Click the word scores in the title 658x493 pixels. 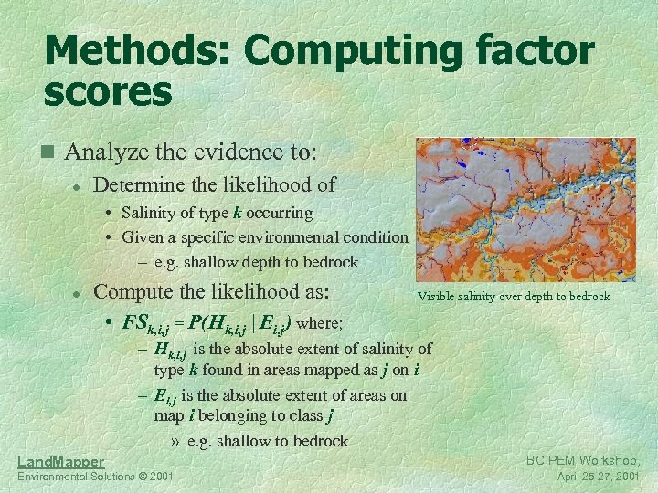pyautogui.click(x=108, y=91)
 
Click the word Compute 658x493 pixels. pyautogui.click(x=133, y=292)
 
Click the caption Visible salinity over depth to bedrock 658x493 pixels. pyautogui.click(x=514, y=297)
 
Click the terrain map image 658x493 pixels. pyautogui.click(x=525, y=210)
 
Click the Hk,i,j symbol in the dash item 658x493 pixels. pyautogui.click(x=171, y=349)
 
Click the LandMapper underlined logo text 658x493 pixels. pyautogui.click(x=60, y=463)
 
